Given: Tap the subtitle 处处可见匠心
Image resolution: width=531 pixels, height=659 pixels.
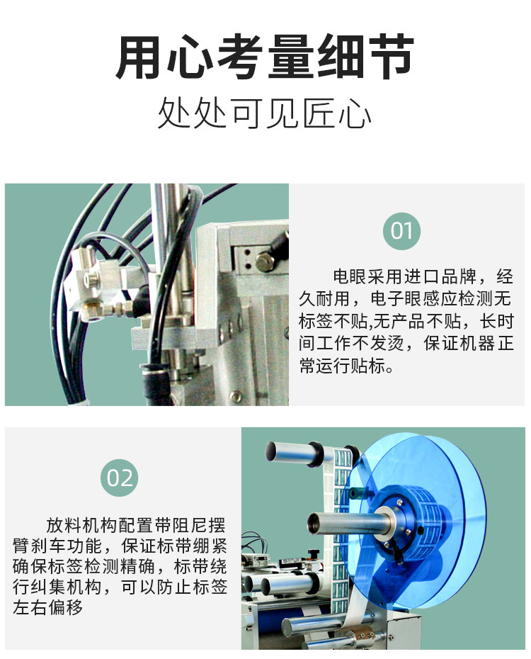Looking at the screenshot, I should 265,113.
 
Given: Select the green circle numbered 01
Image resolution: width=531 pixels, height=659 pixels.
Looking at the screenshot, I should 401,230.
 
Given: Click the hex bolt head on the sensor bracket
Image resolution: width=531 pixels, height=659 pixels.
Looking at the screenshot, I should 265,263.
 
